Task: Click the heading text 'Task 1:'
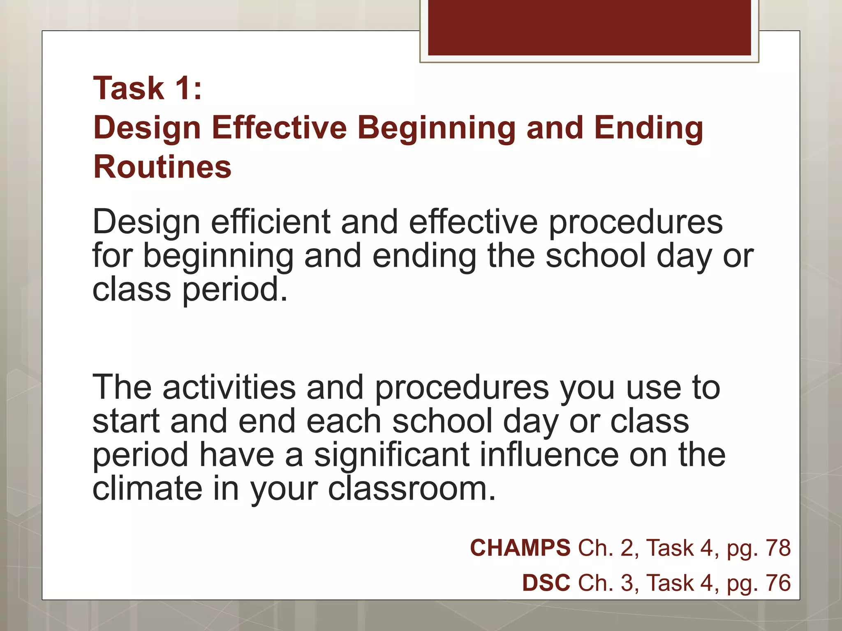148,88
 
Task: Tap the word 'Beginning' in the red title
436,128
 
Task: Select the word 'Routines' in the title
162,167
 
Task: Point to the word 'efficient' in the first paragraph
271,222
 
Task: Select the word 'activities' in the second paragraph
229,387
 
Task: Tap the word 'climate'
147,488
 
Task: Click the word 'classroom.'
412,488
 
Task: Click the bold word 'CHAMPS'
520,548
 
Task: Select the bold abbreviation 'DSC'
546,583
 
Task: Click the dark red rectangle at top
589,27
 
